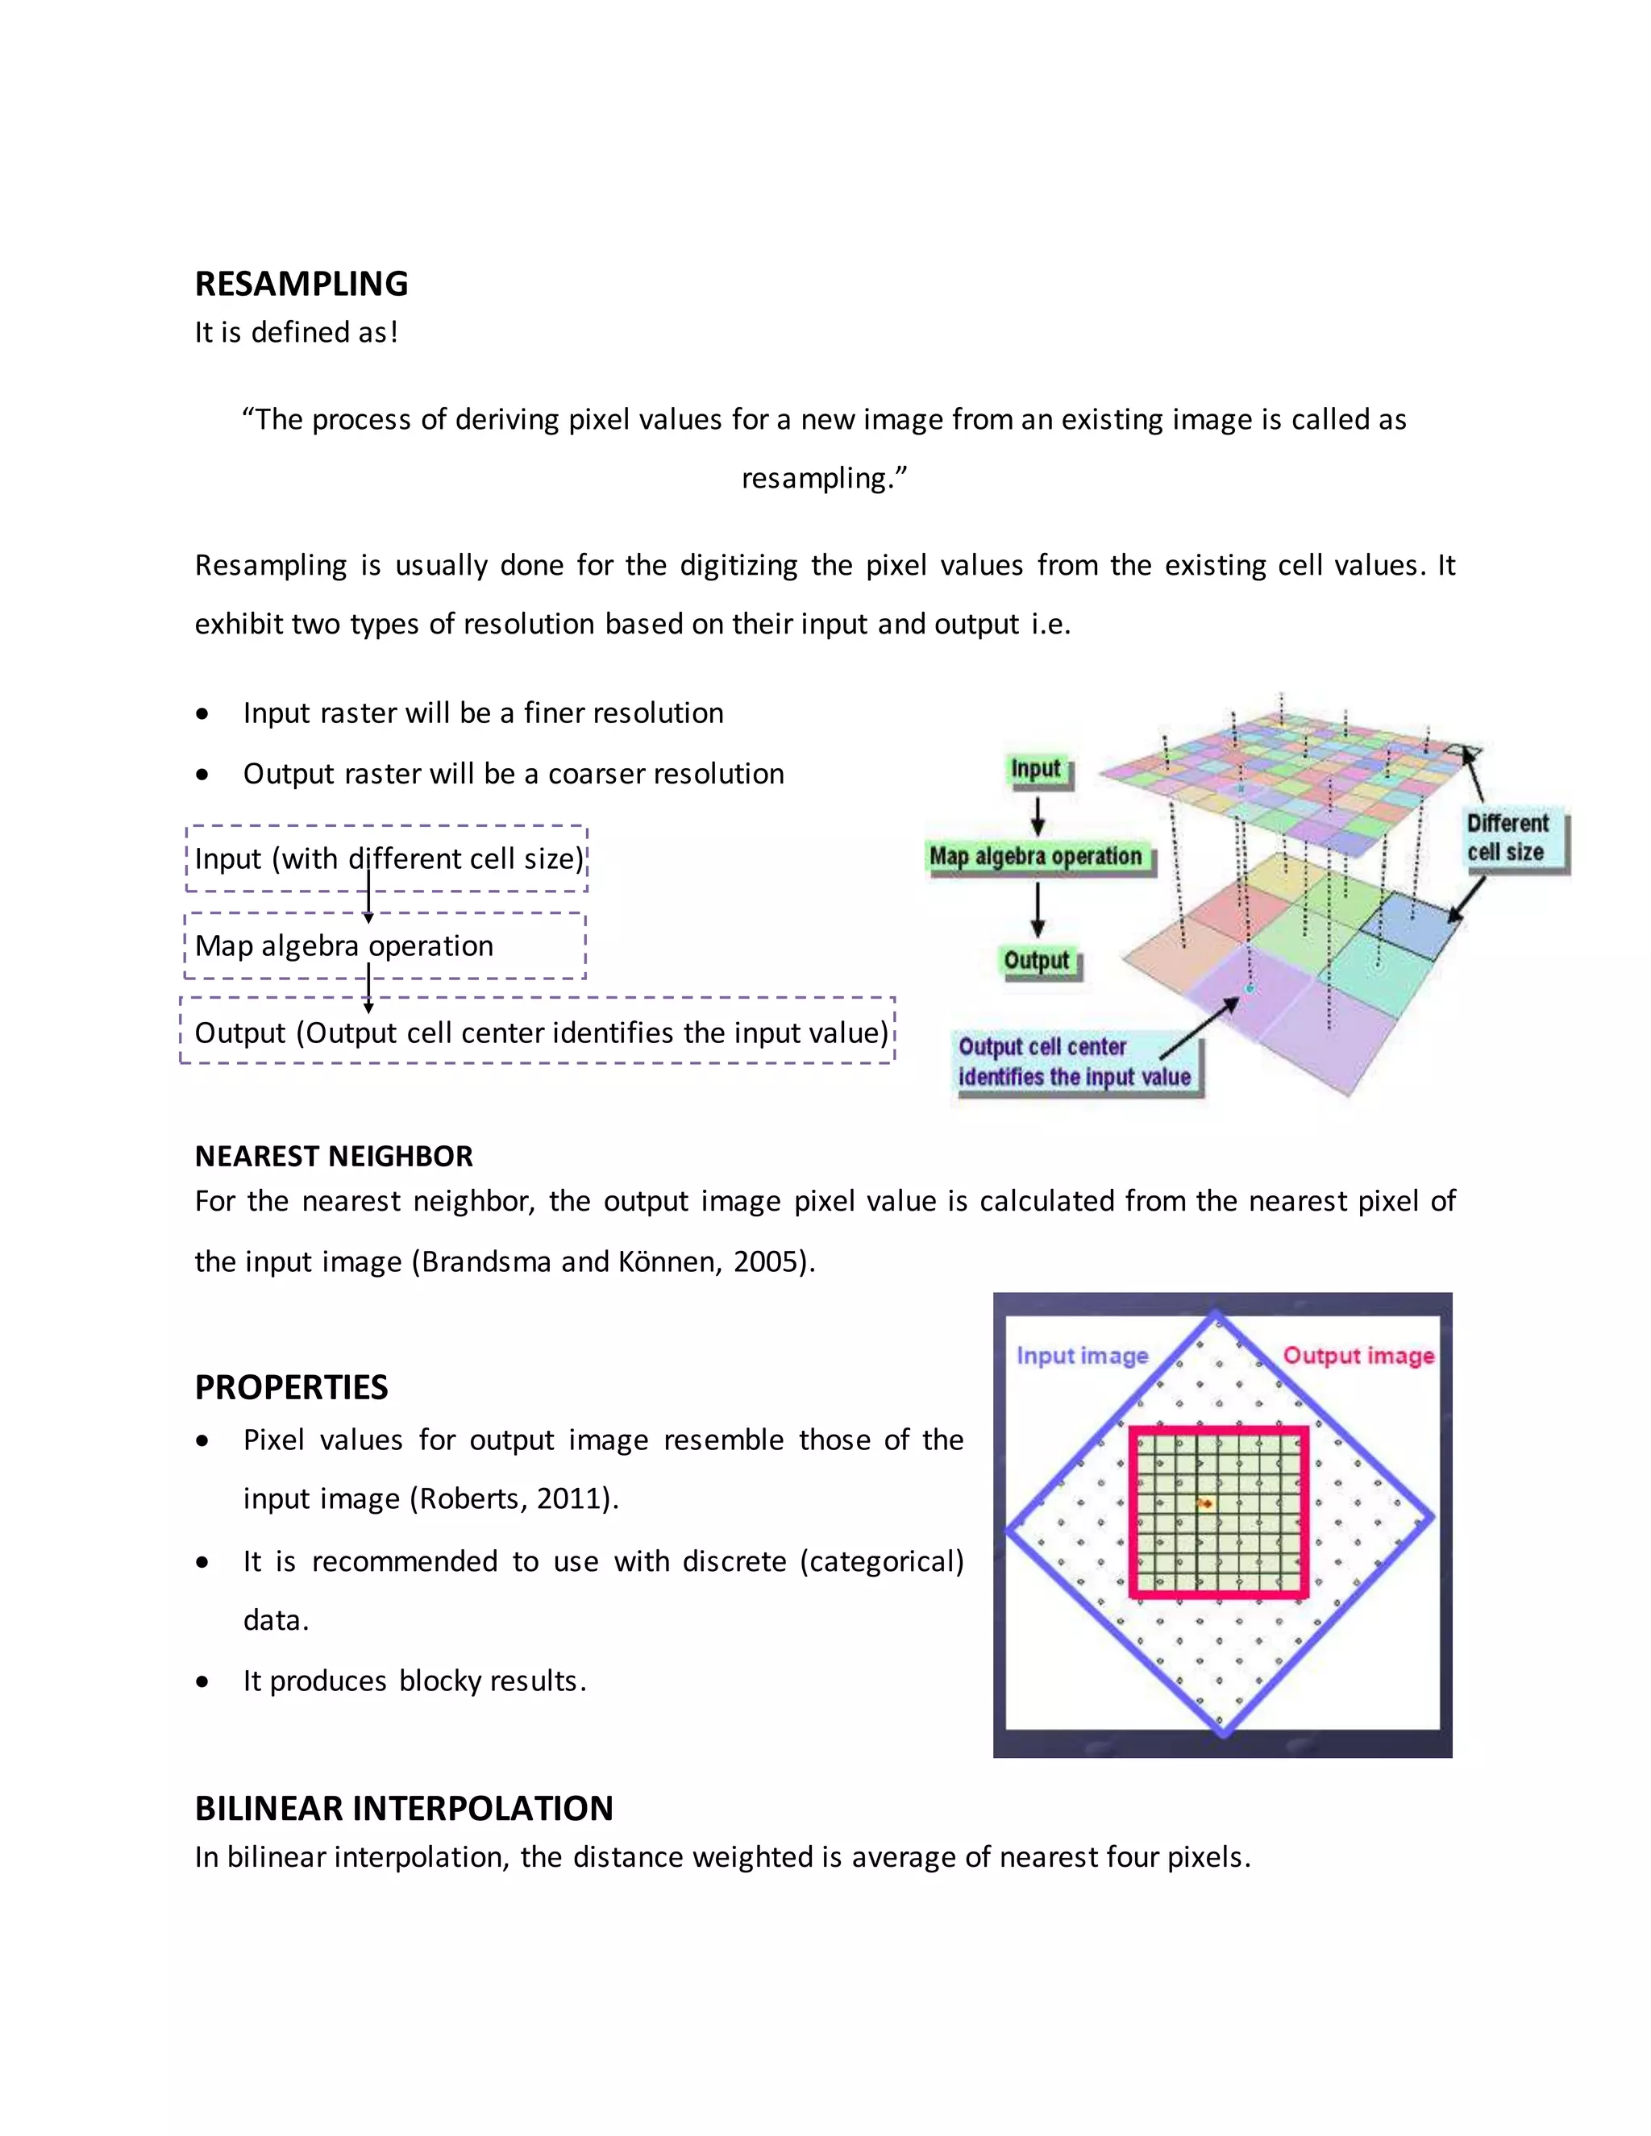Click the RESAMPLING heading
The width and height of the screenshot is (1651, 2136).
click(302, 284)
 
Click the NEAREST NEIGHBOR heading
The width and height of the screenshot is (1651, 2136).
click(334, 1156)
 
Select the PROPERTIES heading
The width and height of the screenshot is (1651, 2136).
click(292, 1387)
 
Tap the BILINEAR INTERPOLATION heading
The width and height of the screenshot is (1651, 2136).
click(404, 1809)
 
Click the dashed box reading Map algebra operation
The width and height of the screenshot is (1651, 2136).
click(385, 945)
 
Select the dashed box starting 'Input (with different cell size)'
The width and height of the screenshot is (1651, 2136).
click(387, 858)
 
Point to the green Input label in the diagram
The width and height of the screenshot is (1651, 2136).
click(1036, 770)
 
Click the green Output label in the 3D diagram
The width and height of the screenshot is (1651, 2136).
click(1037, 961)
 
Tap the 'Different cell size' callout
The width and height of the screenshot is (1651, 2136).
click(1508, 837)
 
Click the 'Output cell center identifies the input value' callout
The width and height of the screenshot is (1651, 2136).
click(1074, 1062)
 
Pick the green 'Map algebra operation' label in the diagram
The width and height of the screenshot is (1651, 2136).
click(1036, 857)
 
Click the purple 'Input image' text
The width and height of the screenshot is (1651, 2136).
click(1082, 1356)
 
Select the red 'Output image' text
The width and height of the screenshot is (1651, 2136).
click(1358, 1356)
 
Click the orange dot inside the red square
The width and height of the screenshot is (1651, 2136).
click(1206, 1503)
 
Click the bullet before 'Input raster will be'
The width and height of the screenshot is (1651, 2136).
click(202, 715)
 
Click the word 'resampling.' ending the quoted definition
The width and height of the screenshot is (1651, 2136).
click(824, 478)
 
